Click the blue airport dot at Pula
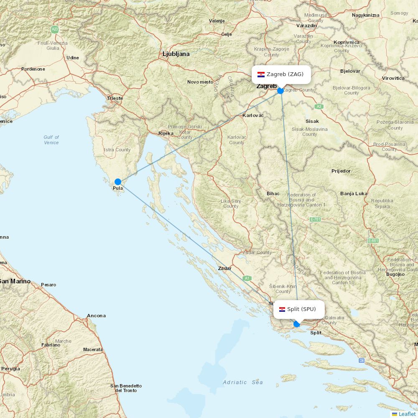(118, 182)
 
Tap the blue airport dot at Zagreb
(280, 90)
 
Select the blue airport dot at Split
(297, 324)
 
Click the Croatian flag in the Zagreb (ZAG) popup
(261, 74)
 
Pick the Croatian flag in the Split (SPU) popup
(282, 309)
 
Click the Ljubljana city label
(176, 54)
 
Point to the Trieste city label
(115, 99)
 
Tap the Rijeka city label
(166, 134)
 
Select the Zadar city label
(225, 269)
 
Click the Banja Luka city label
(354, 194)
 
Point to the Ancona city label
(96, 316)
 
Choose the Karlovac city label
(253, 115)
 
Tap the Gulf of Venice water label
(51, 140)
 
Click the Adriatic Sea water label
(243, 382)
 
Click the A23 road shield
(55, 29)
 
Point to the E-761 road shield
(315, 219)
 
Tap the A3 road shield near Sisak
(319, 107)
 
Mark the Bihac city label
(273, 194)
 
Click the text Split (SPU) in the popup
(301, 309)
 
